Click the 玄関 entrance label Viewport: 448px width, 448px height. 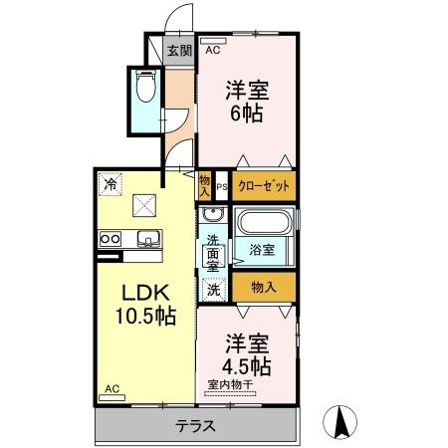(178, 52)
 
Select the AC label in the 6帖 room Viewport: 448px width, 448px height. (213, 48)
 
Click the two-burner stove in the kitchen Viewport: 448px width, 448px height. (110, 238)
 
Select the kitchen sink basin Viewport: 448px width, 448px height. (147, 238)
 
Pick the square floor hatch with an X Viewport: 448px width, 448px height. (145, 205)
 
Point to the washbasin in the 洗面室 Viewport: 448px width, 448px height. (211, 216)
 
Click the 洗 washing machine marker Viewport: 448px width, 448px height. (212, 290)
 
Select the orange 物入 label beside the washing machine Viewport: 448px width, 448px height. (263, 288)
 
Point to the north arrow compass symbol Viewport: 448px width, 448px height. (341, 422)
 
